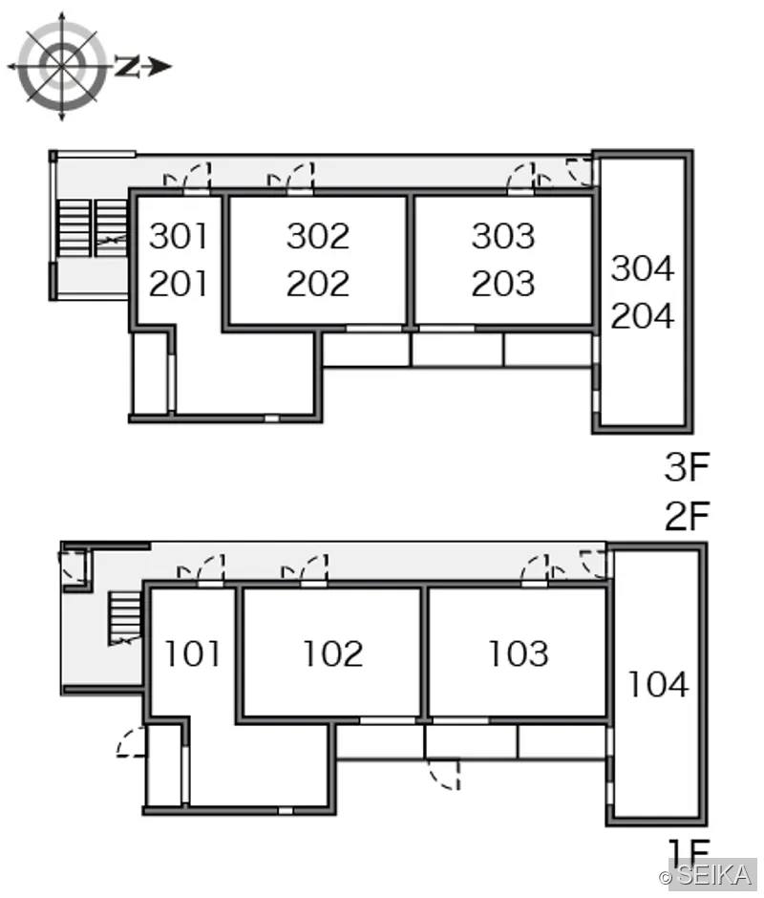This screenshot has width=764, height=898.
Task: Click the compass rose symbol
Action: [x=62, y=67]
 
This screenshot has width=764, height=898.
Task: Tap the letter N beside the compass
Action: [x=127, y=67]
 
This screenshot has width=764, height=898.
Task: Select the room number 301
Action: [x=179, y=236]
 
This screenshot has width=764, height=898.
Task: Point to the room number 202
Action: [x=318, y=284]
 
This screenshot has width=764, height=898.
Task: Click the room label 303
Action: [x=503, y=236]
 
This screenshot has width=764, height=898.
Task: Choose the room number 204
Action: [x=642, y=315]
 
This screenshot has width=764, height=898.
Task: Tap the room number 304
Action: [x=642, y=268]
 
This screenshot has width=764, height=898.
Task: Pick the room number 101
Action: [x=192, y=653]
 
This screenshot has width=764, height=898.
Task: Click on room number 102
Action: [x=332, y=653]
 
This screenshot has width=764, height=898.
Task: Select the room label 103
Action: [x=519, y=653]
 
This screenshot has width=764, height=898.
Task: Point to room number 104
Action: [x=657, y=684]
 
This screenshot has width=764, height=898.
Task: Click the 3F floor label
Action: [x=688, y=466]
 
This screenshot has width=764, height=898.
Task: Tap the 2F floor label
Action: [x=688, y=516]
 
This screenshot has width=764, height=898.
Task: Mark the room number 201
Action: [x=179, y=284]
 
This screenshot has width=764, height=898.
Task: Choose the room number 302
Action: [x=318, y=236]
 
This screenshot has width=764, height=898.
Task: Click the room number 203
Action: [x=503, y=284]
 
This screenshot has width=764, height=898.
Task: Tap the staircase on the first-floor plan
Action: [x=125, y=618]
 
